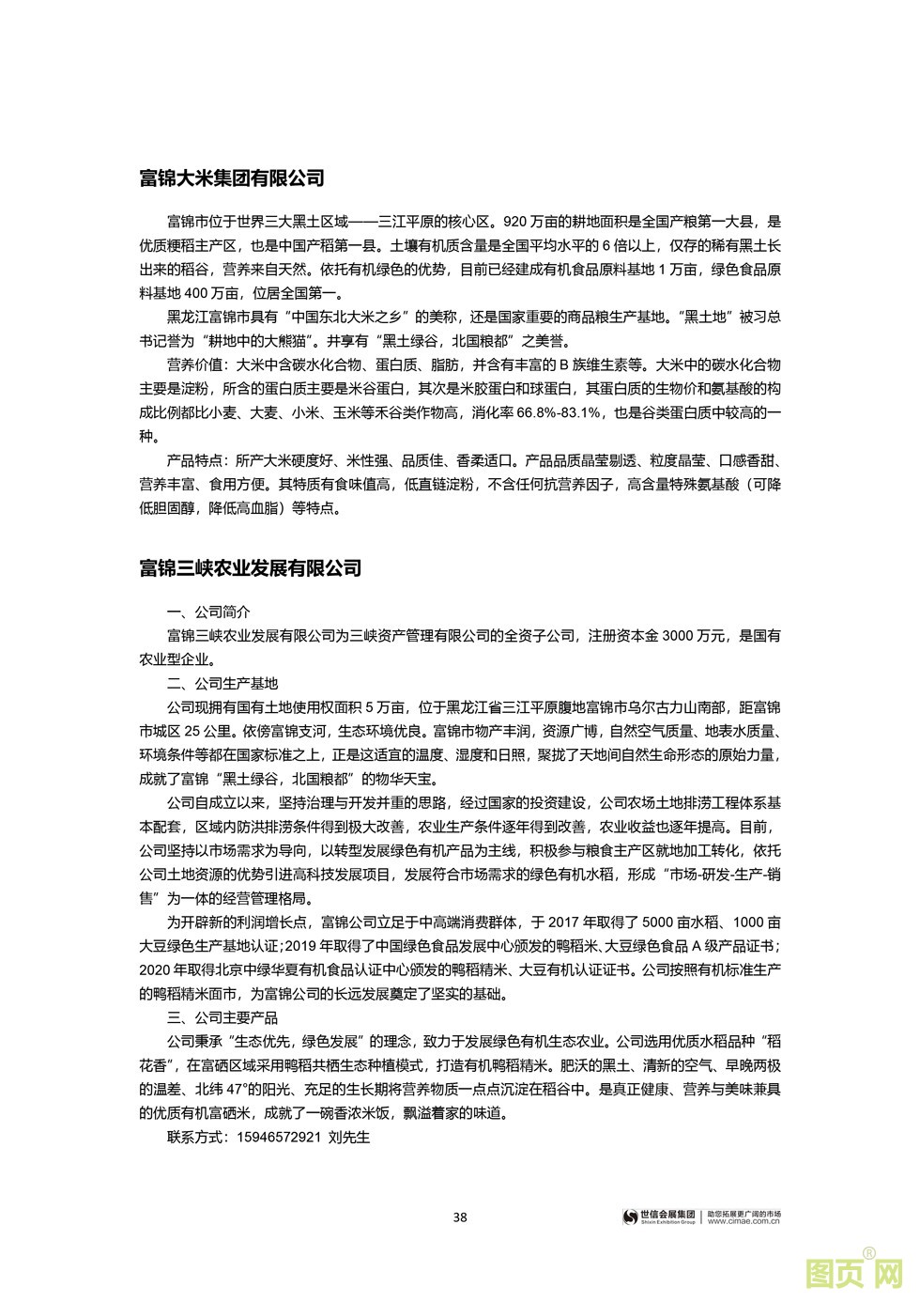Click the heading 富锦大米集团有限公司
[231, 178]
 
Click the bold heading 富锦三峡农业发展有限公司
[250, 568]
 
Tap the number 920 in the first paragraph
[517, 223]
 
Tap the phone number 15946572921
[275, 1138]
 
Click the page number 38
[460, 1217]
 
